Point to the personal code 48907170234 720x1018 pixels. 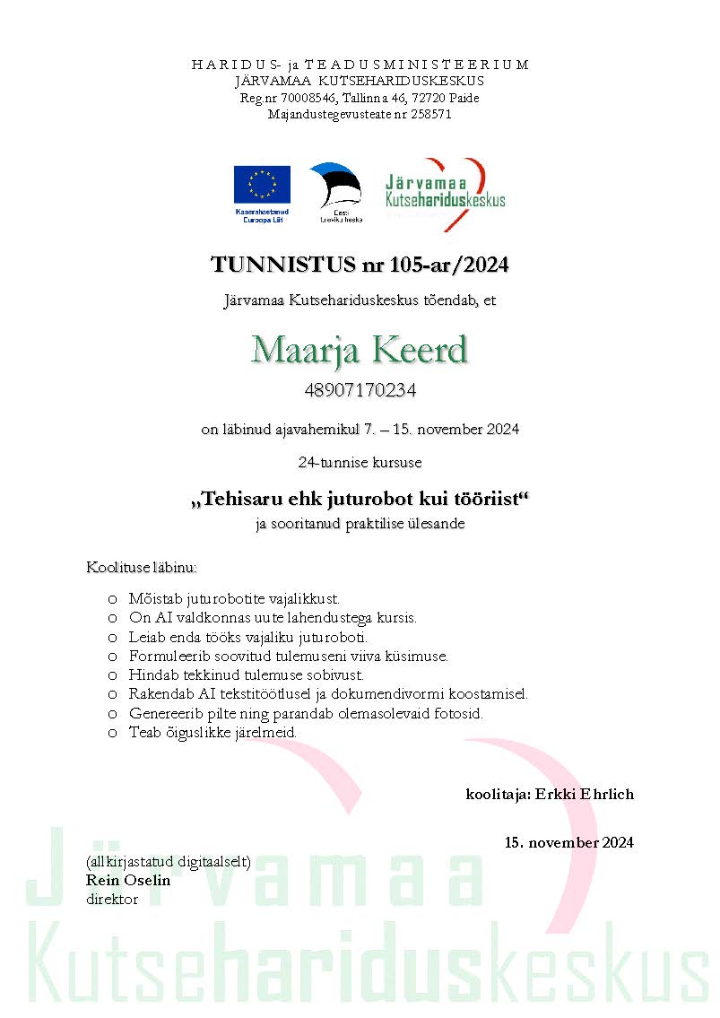[x=360, y=391]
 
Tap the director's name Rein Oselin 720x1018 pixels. [x=128, y=880]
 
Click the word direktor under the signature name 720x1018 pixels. [x=112, y=898]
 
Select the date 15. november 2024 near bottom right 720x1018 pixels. [x=568, y=842]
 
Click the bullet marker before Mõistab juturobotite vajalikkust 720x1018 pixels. [x=112, y=598]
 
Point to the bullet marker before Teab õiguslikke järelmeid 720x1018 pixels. [x=112, y=733]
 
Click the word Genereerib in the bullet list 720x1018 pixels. [x=163, y=714]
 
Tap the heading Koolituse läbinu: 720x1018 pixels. [x=142, y=568]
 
